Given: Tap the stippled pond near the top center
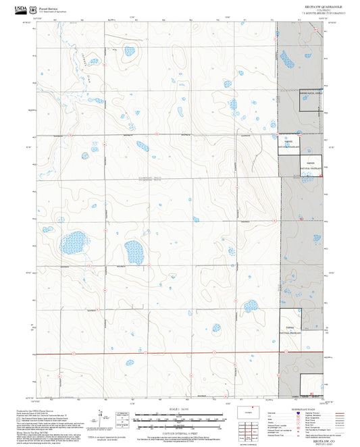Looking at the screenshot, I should point(129,51).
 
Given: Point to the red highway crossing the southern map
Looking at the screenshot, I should point(169,353).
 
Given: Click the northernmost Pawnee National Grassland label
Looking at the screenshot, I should point(311,94).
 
